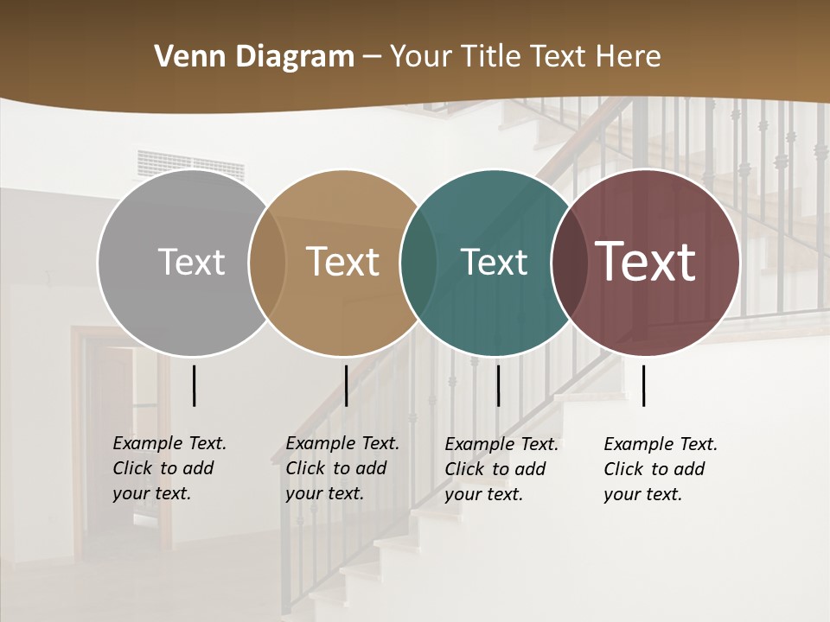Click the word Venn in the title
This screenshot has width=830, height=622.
pyautogui.click(x=182, y=57)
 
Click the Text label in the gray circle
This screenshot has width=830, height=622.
pyautogui.click(x=191, y=263)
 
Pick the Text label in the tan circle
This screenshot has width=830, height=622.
pyautogui.click(x=343, y=263)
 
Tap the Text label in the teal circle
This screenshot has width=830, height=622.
pyautogui.click(x=494, y=263)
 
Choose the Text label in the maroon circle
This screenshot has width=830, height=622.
pyautogui.click(x=646, y=263)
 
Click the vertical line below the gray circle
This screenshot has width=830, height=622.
pyautogui.click(x=194, y=385)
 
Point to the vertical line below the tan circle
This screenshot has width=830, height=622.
pyautogui.click(x=346, y=385)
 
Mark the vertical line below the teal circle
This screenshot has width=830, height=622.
pyautogui.click(x=498, y=385)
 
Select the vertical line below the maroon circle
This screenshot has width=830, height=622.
pyautogui.click(x=643, y=385)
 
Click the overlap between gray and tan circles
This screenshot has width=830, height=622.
pyautogui.click(x=267, y=263)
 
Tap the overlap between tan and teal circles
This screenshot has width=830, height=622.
pyautogui.click(x=418, y=263)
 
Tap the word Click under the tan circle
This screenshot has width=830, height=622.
pyautogui.click(x=305, y=468)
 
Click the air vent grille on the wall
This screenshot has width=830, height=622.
pyautogui.click(x=191, y=165)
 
